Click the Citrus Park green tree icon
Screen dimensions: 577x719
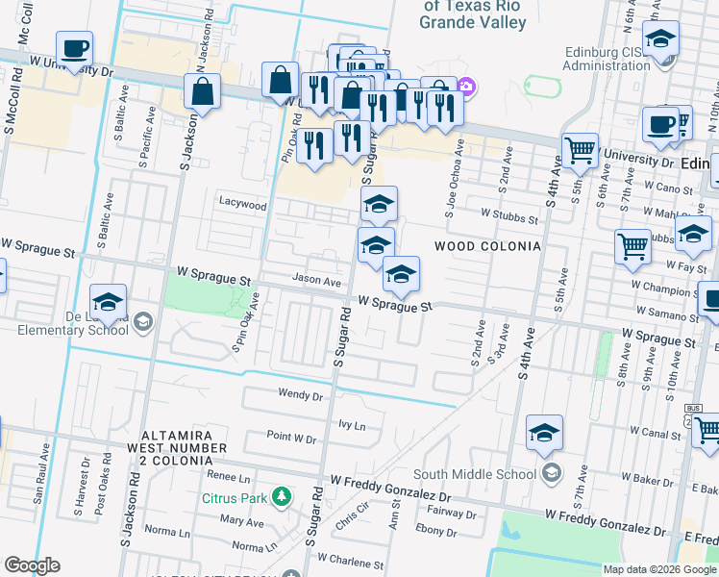tap(282, 497)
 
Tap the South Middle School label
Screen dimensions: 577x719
tap(475, 473)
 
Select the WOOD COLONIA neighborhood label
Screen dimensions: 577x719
tap(487, 246)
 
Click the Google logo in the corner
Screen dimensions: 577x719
tap(32, 565)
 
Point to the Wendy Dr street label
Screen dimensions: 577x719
tap(300, 393)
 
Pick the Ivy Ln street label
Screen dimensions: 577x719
tap(353, 424)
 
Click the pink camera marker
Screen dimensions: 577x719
tap(466, 87)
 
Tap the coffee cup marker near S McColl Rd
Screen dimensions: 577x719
tap(74, 48)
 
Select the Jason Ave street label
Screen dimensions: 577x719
tap(317, 282)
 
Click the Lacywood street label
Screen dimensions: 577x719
tap(242, 205)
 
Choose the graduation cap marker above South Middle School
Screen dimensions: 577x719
tap(544, 433)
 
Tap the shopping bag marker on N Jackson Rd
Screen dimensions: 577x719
tap(204, 94)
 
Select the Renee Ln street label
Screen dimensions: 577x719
tap(229, 476)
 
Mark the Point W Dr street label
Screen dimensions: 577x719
tap(291, 438)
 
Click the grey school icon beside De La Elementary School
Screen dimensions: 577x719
tap(142, 320)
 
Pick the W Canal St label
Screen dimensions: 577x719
tap(656, 433)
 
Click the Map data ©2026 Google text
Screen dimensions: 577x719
tap(659, 568)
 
